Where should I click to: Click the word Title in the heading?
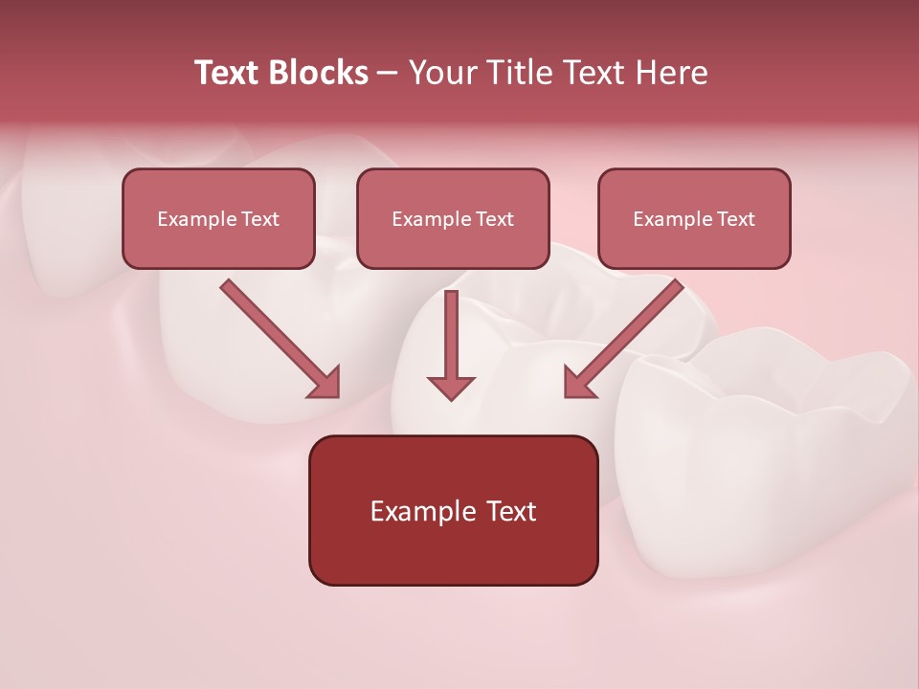pyautogui.click(x=513, y=73)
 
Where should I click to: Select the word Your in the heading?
pyautogui.click(x=439, y=73)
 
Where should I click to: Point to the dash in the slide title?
pyautogui.click(x=389, y=74)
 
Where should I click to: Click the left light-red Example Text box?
pyautogui.click(x=218, y=218)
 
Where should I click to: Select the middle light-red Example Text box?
pyautogui.click(x=453, y=218)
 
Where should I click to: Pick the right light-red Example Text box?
pyautogui.click(x=694, y=218)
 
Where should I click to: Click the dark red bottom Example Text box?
pyautogui.click(x=453, y=510)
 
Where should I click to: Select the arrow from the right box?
pyautogui.click(x=624, y=339)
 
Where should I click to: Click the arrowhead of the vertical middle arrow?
pyautogui.click(x=451, y=386)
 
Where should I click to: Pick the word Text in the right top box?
pyautogui.click(x=735, y=219)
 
